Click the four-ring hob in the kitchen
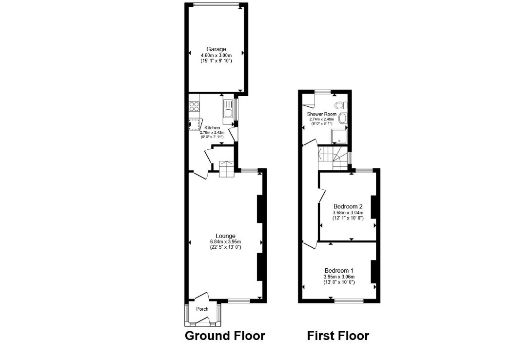pyautogui.click(x=195, y=106)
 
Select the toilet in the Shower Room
pyautogui.click(x=341, y=105)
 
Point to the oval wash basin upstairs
pyautogui.click(x=343, y=119)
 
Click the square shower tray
pyautogui.click(x=339, y=137)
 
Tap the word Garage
pyautogui.click(x=216, y=50)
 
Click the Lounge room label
pyautogui.click(x=226, y=236)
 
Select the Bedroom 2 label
pyautogui.click(x=348, y=206)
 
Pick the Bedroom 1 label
pyautogui.click(x=339, y=270)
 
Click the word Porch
pyautogui.click(x=202, y=309)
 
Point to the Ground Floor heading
pyautogui.click(x=225, y=336)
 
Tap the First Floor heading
pyautogui.click(x=338, y=336)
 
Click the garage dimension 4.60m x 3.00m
pyautogui.click(x=216, y=56)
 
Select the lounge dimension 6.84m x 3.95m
pyautogui.click(x=226, y=242)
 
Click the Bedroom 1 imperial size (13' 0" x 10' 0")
pyautogui.click(x=339, y=282)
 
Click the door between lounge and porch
pyautogui.click(x=202, y=297)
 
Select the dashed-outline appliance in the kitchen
pyautogui.click(x=195, y=124)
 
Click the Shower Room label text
pyautogui.click(x=322, y=114)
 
